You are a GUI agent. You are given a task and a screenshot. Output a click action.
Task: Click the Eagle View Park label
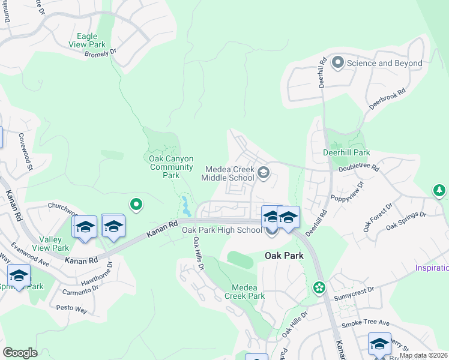tap(88, 41)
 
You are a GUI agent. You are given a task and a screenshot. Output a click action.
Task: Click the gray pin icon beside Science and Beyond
tap(337, 62)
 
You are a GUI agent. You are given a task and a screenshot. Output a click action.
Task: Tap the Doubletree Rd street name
tap(359, 169)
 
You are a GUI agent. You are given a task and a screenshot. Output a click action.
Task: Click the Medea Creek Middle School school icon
tap(263, 174)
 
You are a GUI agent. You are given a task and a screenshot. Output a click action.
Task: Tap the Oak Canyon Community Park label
tap(171, 167)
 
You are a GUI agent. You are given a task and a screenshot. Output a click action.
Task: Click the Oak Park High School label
tap(221, 230)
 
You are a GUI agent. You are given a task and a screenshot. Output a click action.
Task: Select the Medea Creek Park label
tap(244, 292)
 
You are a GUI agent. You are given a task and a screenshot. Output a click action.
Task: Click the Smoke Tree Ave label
tap(366, 323)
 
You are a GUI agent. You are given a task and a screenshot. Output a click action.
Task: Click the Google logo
tap(20, 353)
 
